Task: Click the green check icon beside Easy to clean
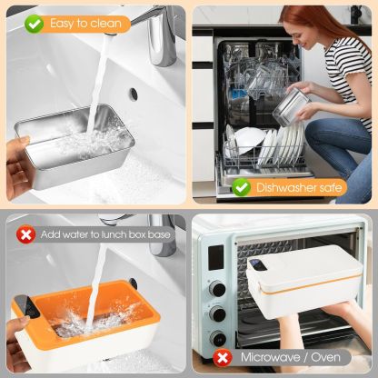point(34,24)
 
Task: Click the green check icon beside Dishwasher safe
point(242,187)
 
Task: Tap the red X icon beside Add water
point(25,235)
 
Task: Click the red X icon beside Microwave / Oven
point(221,356)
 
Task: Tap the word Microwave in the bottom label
point(270,356)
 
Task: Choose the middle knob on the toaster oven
point(218,313)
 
